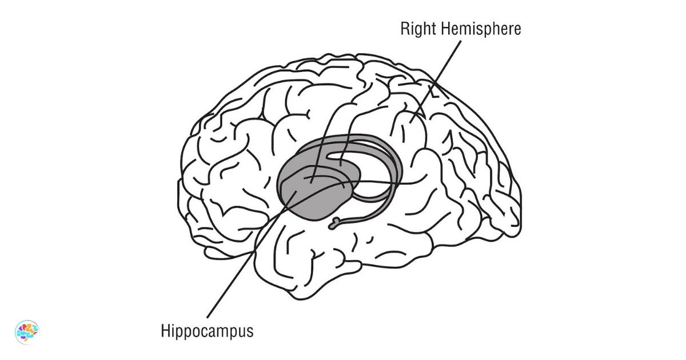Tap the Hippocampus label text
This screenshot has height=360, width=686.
click(207, 331)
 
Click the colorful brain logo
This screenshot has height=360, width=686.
click(27, 331)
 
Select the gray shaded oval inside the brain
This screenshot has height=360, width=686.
click(312, 194)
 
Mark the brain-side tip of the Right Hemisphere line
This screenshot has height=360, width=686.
click(410, 122)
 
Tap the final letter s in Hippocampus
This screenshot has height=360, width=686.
click(249, 333)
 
